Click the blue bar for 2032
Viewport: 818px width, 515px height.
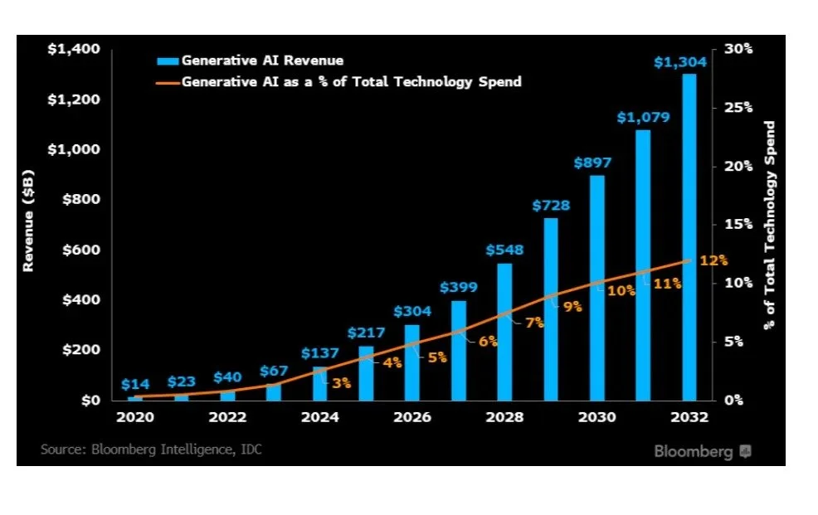point(689,236)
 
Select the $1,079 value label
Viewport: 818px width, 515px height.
point(643,118)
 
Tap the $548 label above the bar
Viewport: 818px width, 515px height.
point(504,250)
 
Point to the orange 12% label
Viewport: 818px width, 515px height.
point(713,260)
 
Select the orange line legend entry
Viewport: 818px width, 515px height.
point(340,81)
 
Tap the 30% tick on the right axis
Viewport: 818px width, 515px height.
point(737,50)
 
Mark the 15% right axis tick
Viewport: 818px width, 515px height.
point(737,224)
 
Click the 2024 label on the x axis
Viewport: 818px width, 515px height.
point(319,417)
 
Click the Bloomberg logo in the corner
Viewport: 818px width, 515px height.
point(702,451)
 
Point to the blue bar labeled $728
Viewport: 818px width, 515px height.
point(551,309)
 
